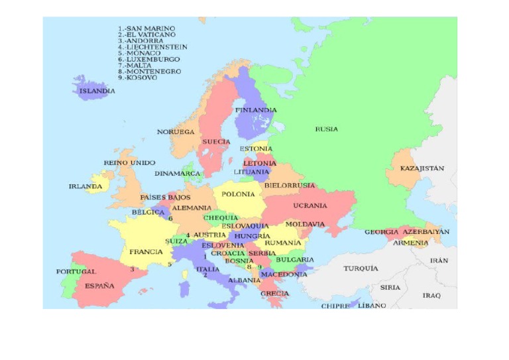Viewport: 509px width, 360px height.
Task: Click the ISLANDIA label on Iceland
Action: click(x=97, y=91)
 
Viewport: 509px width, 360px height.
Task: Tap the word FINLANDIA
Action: click(x=256, y=110)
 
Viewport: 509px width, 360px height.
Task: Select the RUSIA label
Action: click(x=326, y=129)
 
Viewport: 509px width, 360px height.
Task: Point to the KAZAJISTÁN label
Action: click(x=422, y=168)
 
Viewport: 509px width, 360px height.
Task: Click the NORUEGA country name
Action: click(x=176, y=132)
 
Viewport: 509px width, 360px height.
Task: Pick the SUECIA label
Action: click(x=216, y=142)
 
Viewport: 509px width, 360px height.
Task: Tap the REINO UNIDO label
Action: click(x=129, y=162)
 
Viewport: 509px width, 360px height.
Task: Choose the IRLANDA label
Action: click(x=85, y=186)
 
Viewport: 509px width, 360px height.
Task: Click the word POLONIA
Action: click(x=238, y=194)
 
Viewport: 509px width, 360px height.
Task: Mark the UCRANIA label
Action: click(x=310, y=206)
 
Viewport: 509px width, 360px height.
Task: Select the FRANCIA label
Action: click(x=146, y=252)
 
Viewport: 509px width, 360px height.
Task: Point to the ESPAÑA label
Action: click(x=99, y=286)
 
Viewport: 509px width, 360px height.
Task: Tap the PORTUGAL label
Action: click(x=76, y=271)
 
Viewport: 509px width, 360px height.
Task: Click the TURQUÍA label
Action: click(x=361, y=269)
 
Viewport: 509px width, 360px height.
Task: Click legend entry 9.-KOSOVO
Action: click(x=138, y=78)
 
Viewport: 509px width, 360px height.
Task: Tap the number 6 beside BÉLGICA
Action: click(x=170, y=218)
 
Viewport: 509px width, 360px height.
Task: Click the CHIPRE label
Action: click(x=335, y=306)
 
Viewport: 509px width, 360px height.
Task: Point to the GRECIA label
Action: click(x=274, y=293)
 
